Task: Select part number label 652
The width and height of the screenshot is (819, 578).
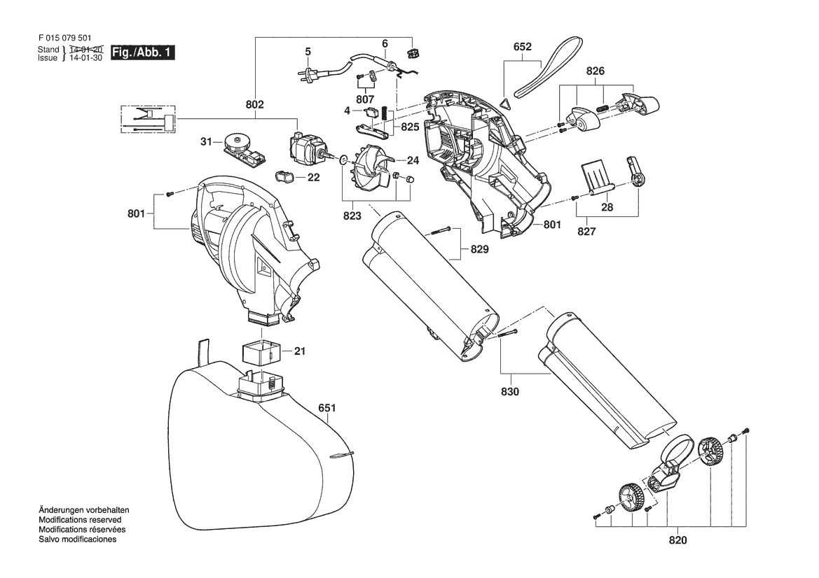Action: (x=523, y=46)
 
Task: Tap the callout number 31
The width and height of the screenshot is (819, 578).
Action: (x=206, y=141)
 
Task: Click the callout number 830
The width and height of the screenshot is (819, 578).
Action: (x=510, y=391)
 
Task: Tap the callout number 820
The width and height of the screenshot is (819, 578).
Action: (x=677, y=540)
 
